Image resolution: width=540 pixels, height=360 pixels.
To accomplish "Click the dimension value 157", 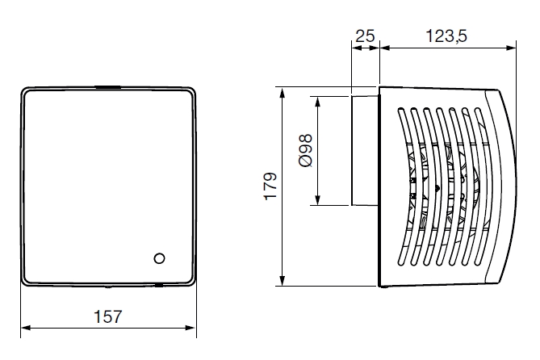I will (x=107, y=317).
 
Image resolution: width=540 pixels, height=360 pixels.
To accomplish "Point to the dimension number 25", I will (x=364, y=36).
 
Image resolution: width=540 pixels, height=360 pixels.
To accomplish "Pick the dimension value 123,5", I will (x=445, y=36).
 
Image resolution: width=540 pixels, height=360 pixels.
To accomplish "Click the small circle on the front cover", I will (x=159, y=259).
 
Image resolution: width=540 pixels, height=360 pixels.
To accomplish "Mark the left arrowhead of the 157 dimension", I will (x=24, y=328).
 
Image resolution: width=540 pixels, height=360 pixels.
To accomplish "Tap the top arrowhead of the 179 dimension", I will (x=282, y=90).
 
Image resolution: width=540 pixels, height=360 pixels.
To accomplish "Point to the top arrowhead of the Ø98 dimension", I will (x=319, y=101).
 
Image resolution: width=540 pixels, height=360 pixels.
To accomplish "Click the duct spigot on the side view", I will (x=364, y=150).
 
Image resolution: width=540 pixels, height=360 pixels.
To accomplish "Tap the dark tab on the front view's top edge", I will (x=107, y=86).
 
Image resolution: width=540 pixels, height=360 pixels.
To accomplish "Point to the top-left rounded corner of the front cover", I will (x=26, y=93).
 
